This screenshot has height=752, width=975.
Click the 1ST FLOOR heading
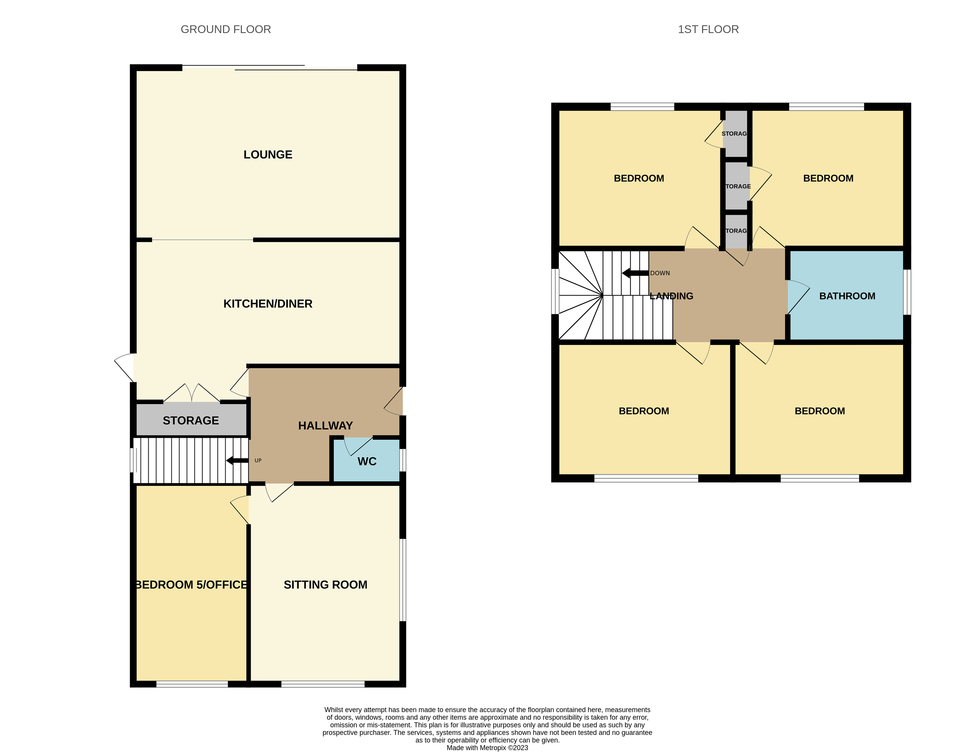[x=708, y=29]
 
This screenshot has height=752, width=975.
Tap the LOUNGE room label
[x=268, y=155]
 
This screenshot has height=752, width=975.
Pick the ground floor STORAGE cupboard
[x=191, y=420]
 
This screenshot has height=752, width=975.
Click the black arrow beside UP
[x=237, y=460]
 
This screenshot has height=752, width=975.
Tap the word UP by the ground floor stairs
[x=258, y=460]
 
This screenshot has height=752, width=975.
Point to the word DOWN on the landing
[x=660, y=273]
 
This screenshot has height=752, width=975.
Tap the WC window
[x=403, y=460]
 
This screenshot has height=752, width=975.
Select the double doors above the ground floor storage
[x=192, y=393]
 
